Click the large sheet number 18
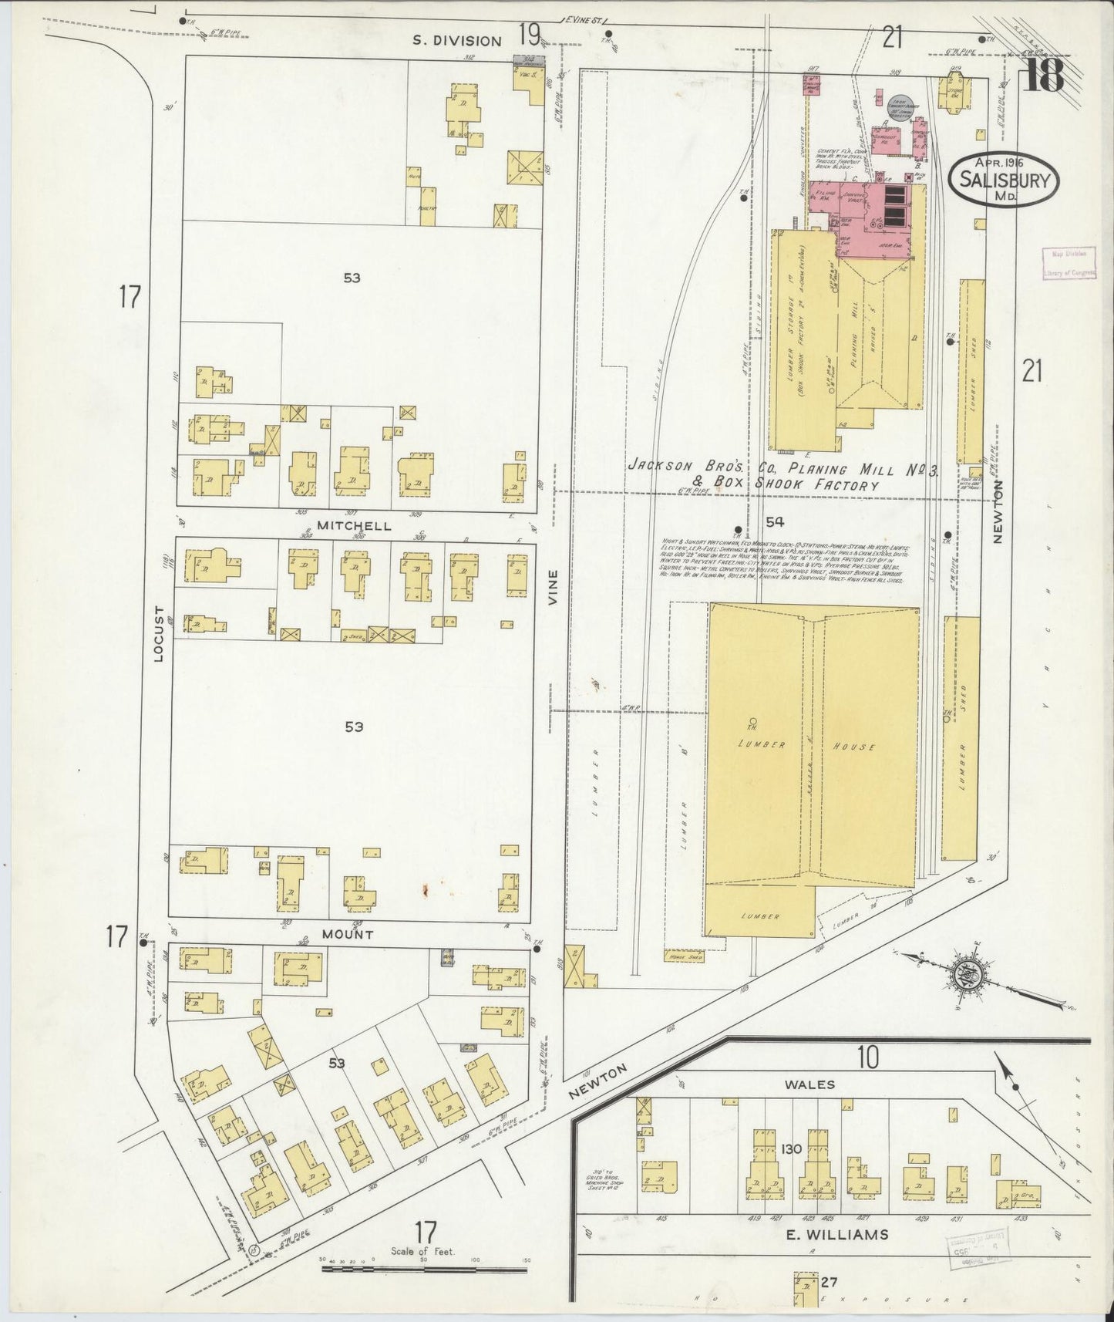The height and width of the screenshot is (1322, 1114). pyautogui.click(x=1044, y=75)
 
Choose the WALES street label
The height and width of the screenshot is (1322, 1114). pyautogui.click(x=810, y=1084)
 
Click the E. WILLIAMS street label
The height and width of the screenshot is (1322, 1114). pyautogui.click(x=838, y=1235)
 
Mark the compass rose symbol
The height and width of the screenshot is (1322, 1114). pyautogui.click(x=967, y=974)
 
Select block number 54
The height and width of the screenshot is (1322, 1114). pyautogui.click(x=775, y=521)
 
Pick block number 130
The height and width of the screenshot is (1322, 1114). pyautogui.click(x=792, y=1148)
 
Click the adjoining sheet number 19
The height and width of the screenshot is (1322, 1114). pyautogui.click(x=529, y=33)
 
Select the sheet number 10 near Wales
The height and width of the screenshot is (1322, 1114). pyautogui.click(x=868, y=1057)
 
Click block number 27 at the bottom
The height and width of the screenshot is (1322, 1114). pyautogui.click(x=829, y=1283)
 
